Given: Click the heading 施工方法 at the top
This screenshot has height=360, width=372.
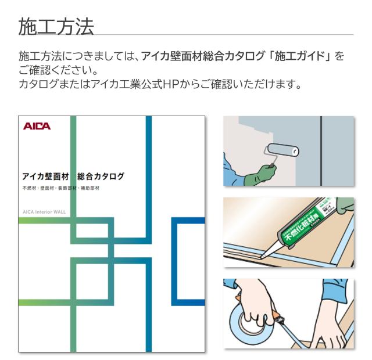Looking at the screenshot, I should pyautogui.click(x=56, y=26).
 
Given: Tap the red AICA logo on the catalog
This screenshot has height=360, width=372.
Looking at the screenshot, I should pyautogui.click(x=37, y=126).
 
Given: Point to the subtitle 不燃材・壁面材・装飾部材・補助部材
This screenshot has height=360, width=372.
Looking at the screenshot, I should pyautogui.click(x=61, y=189).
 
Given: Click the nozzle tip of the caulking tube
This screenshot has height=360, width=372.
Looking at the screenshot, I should pyautogui.click(x=262, y=256).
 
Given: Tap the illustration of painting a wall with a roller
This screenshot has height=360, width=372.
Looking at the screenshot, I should pyautogui.click(x=288, y=151).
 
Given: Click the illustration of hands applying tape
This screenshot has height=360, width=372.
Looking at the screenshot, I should pyautogui.click(x=288, y=314).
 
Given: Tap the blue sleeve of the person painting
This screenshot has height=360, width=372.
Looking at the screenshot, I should pyautogui.click(x=238, y=175).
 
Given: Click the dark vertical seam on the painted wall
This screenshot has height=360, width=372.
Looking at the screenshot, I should pyautogui.click(x=321, y=151).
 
